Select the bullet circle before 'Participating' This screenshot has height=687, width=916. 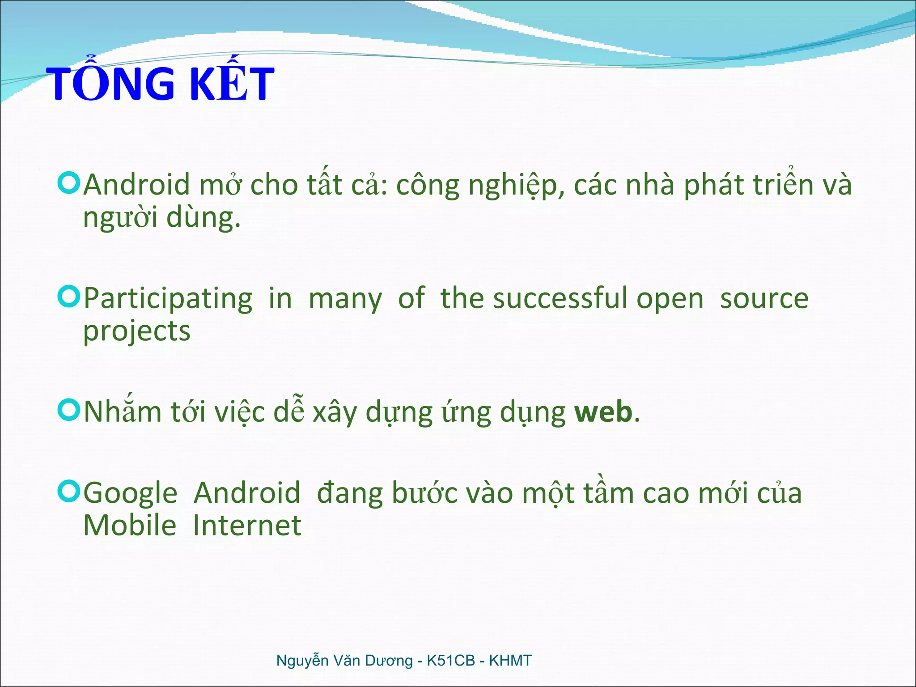pyautogui.click(x=69, y=297)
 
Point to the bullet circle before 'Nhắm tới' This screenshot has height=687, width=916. pyautogui.click(x=69, y=410)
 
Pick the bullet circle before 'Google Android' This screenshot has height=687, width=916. pyautogui.click(x=69, y=491)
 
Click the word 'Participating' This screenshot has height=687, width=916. pyautogui.click(x=168, y=299)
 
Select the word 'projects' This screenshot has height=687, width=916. pyautogui.click(x=137, y=332)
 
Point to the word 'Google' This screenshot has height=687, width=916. pyautogui.click(x=131, y=494)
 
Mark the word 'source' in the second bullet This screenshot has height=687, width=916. pyautogui.click(x=764, y=299)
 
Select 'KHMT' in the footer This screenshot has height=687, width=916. pyautogui.click(x=510, y=661)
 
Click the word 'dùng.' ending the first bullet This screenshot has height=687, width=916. pyautogui.click(x=204, y=217)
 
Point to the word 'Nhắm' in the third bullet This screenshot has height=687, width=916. pyautogui.click(x=123, y=411)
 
